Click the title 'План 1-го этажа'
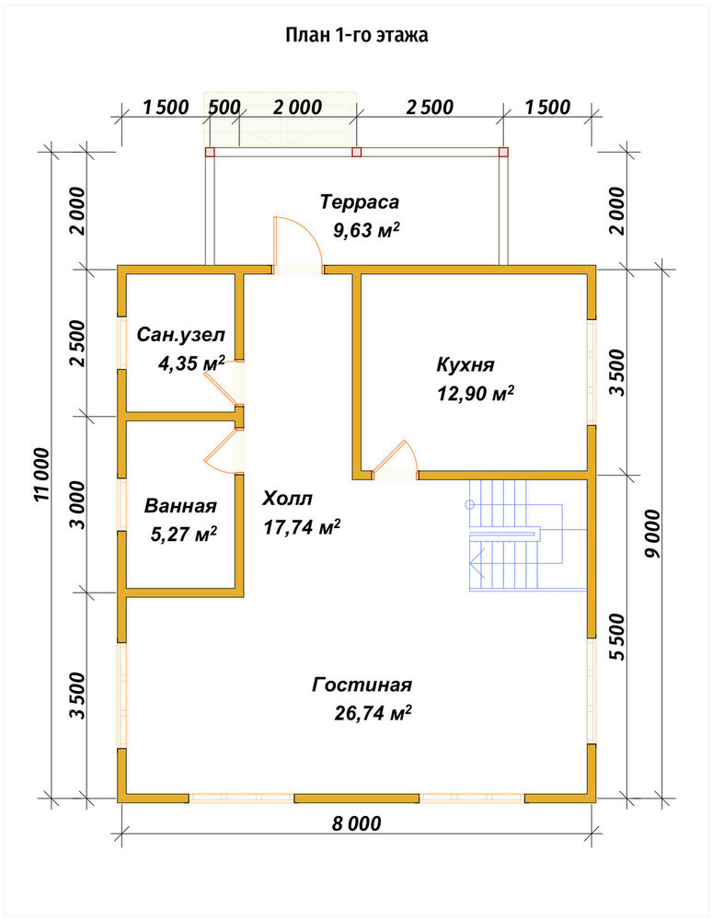357,35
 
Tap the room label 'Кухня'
465,364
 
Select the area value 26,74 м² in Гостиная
373,713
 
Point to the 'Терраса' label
360,201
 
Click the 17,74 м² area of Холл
302,527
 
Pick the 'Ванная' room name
180,506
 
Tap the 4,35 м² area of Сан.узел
191,363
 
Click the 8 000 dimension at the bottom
357,823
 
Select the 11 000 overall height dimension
41,475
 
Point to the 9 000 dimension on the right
651,534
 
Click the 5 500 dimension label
617,638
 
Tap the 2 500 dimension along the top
430,108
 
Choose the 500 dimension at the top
224,108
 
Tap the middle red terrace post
356,152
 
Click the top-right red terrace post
503,152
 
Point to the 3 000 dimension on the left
77,505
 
